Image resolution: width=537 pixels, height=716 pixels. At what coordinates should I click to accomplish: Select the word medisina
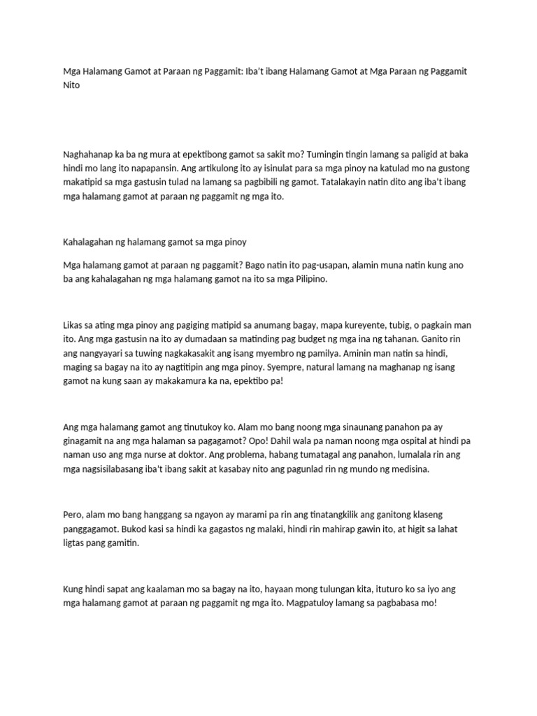tap(408, 471)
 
